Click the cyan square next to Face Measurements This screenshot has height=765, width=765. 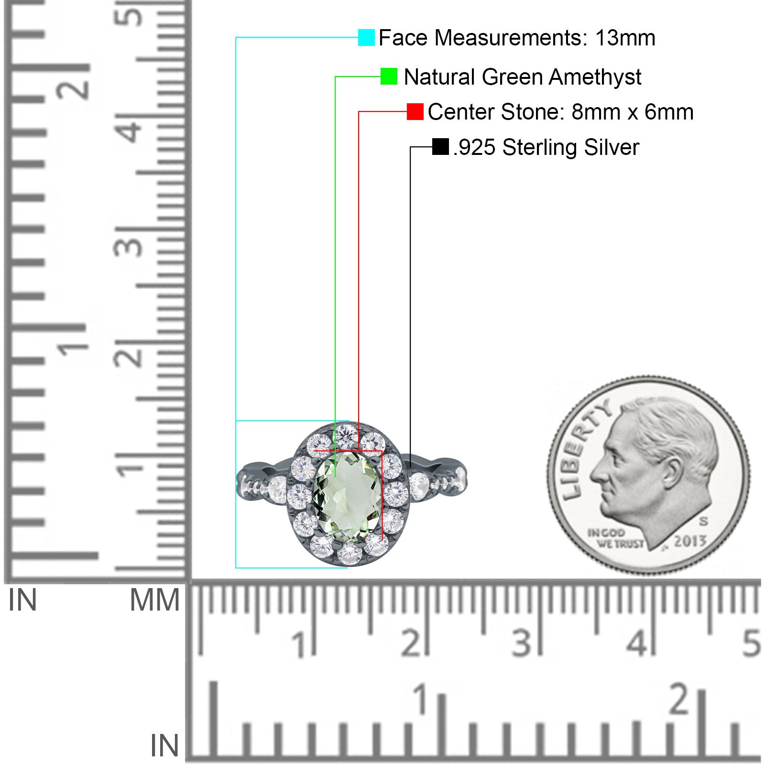point(366,37)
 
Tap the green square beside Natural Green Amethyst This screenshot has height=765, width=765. point(389,76)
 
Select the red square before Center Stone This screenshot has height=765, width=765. point(415,111)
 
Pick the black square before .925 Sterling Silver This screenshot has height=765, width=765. point(440,147)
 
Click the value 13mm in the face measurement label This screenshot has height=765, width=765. point(625,38)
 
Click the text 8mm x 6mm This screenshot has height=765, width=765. point(633,112)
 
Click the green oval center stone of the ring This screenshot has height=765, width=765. point(348,497)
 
